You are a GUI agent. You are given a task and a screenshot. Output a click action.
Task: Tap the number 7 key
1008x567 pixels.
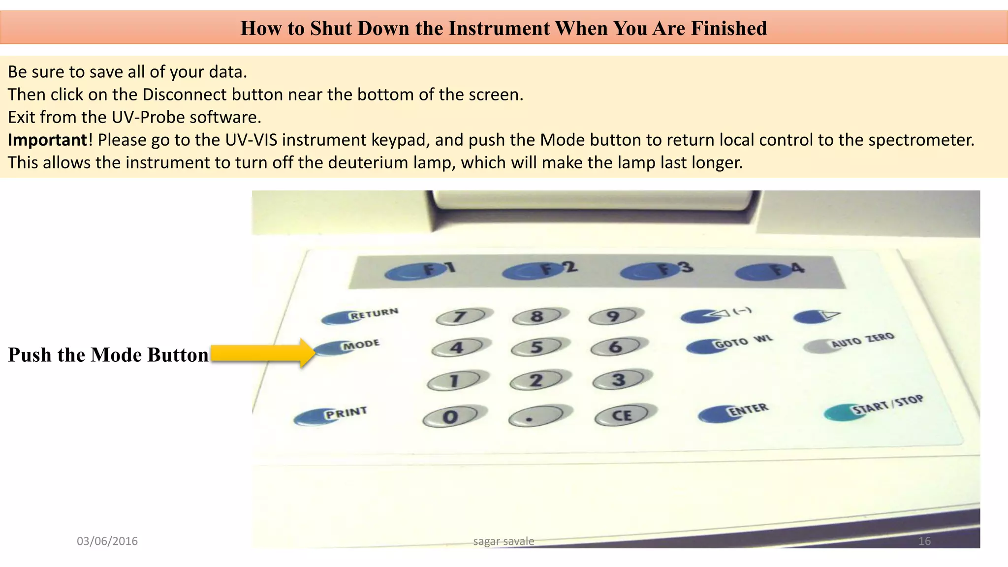point(460,316)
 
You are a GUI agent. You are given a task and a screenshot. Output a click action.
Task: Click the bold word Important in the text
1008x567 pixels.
point(48,140)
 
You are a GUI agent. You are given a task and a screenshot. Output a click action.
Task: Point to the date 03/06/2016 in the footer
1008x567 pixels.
point(107,541)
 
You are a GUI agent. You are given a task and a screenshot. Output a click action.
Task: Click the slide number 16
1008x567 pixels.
point(924,541)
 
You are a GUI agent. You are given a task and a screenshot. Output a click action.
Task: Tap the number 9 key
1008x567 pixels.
point(613,316)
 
